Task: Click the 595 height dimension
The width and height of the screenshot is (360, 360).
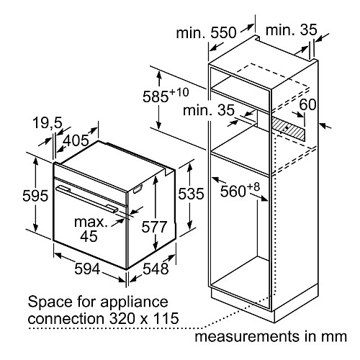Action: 35,196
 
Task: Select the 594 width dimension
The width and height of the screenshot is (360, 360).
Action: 87,269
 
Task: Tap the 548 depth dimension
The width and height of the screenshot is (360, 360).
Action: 156,269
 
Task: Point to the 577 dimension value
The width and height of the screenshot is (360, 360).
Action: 154,227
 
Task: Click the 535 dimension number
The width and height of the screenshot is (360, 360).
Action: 191,194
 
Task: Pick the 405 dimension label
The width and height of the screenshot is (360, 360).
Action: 76,140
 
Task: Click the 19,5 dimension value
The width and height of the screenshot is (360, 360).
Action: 48,123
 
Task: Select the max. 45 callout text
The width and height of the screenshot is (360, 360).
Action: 89,229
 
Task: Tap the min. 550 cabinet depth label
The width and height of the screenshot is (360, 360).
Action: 207,32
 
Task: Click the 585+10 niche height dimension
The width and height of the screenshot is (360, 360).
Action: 166,96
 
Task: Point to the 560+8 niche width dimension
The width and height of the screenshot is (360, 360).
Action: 240,189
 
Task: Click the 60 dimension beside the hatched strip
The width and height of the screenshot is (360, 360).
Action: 308,104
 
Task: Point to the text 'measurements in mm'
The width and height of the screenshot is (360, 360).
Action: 271,336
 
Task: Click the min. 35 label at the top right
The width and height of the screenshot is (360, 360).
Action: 292,30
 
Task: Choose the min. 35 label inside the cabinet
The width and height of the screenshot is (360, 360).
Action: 208,110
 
